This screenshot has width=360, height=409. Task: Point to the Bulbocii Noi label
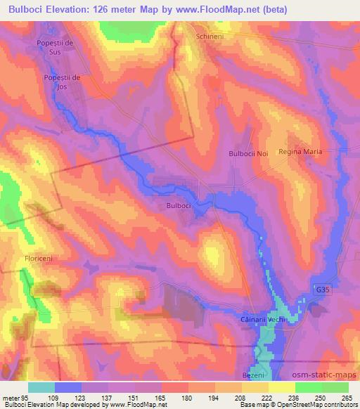(x=248, y=152)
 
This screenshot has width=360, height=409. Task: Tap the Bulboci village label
(x=179, y=205)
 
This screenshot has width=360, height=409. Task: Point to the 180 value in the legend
(x=188, y=397)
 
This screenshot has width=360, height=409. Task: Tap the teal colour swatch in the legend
(x=41, y=387)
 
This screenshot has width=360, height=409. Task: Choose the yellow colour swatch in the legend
(x=281, y=387)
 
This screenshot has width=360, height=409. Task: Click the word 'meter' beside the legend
(x=11, y=397)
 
